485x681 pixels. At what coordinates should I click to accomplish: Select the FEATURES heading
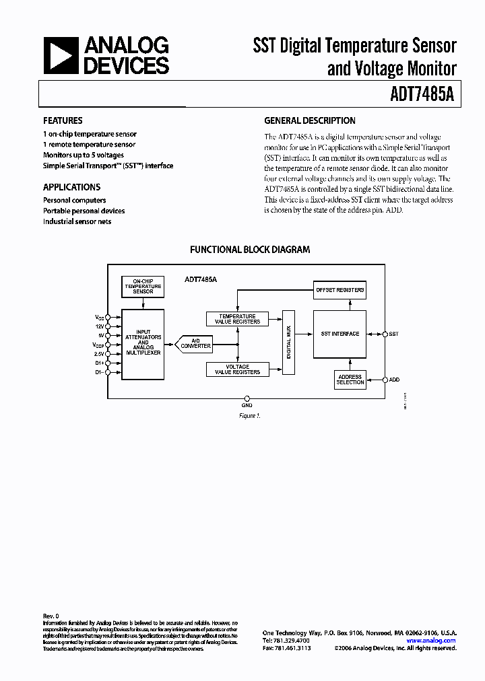click(x=63, y=120)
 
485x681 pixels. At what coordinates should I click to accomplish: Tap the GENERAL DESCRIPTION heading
click(x=309, y=120)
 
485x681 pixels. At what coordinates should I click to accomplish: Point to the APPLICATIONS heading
click(x=71, y=187)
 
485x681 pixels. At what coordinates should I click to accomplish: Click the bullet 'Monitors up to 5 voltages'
click(x=84, y=155)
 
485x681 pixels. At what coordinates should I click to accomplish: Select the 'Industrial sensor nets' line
click(x=77, y=221)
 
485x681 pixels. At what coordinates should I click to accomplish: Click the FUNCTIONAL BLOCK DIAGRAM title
click(x=250, y=249)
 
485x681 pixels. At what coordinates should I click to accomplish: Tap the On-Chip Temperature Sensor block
click(x=142, y=286)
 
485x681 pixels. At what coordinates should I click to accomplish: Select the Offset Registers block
click(x=340, y=290)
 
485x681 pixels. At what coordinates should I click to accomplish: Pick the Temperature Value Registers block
click(x=237, y=319)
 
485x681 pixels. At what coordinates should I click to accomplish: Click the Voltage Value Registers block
click(x=237, y=369)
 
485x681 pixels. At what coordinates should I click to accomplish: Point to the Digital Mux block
click(x=290, y=343)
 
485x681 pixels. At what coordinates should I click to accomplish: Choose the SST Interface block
click(x=340, y=334)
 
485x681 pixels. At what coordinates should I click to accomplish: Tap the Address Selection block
click(x=350, y=380)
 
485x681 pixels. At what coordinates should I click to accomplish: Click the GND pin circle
click(x=247, y=398)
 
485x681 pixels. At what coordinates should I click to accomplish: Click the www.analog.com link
click(x=431, y=641)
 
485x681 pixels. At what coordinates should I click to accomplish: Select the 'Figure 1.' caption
click(x=249, y=416)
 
